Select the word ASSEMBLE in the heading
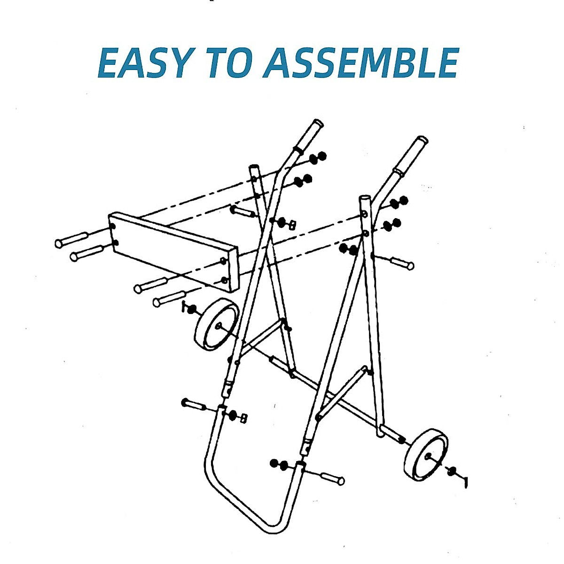[x=361, y=63]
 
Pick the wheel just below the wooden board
[x=217, y=325]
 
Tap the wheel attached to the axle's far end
[x=426, y=454]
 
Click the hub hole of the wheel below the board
[x=219, y=325]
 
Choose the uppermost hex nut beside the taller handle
[x=318, y=157]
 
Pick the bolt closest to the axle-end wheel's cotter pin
[x=331, y=478]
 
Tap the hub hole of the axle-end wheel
[x=427, y=455]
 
